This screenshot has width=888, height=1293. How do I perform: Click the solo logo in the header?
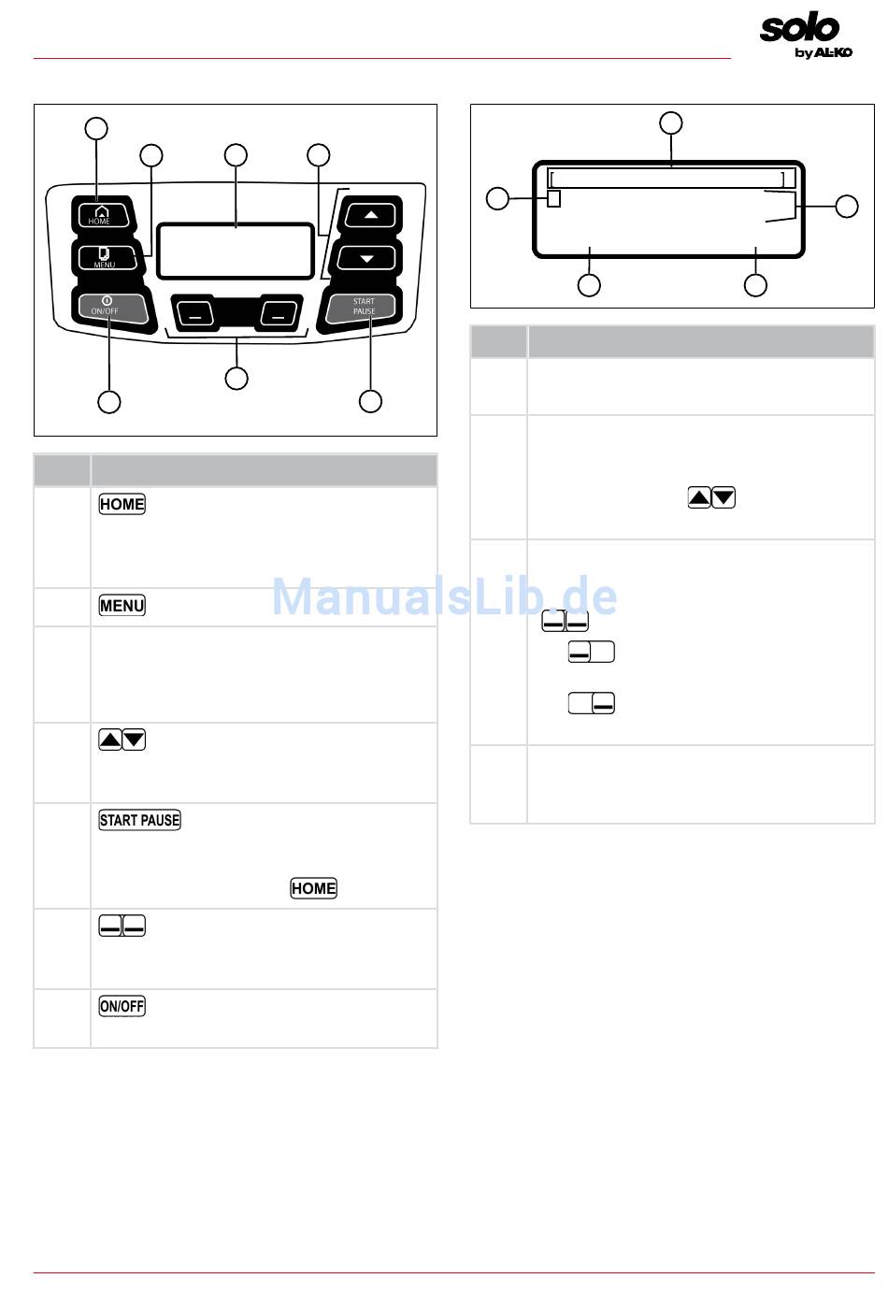[x=800, y=28]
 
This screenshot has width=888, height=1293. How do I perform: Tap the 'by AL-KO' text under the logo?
[x=824, y=52]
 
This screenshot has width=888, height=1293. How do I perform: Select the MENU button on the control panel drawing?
[x=105, y=257]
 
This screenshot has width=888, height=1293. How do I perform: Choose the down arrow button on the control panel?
[x=366, y=258]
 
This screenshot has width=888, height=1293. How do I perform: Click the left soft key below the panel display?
[x=193, y=313]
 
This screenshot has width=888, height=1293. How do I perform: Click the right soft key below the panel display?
[x=279, y=313]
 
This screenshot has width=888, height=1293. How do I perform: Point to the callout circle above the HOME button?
[x=96, y=129]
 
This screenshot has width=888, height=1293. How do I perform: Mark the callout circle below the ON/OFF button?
[x=109, y=402]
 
